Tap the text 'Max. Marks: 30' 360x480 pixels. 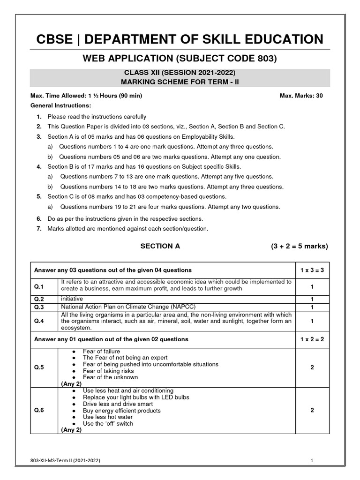(x=301, y=96)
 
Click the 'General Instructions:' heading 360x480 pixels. (x=60, y=105)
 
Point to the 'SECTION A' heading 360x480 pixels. (x=160, y=246)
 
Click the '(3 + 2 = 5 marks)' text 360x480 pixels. (x=299, y=246)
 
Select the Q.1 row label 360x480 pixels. (x=39, y=286)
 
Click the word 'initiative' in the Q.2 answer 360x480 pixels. (x=72, y=299)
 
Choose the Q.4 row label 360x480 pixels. (x=39, y=322)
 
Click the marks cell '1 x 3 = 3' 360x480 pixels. (x=312, y=270)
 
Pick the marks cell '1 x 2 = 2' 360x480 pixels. (x=312, y=339)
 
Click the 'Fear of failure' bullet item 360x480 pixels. (x=101, y=351)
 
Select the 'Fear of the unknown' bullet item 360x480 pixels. (x=110, y=377)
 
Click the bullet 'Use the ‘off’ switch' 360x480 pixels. (x=108, y=423)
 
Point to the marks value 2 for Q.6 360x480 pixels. (x=312, y=410)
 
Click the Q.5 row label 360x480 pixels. (x=39, y=367)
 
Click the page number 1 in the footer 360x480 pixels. (x=312, y=461)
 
